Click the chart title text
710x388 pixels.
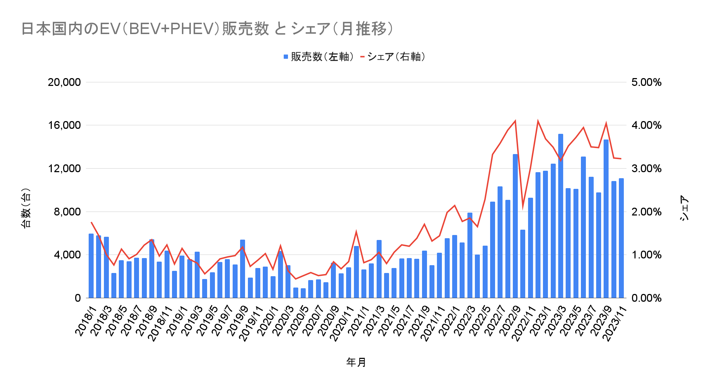(x=207, y=29)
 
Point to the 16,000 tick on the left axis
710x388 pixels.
(x=64, y=125)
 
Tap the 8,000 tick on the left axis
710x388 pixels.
(x=67, y=212)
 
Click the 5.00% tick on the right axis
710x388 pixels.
(x=646, y=82)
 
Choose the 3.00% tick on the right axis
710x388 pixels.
(x=646, y=169)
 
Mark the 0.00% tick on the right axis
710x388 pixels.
(x=646, y=298)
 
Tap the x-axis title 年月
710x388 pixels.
(x=356, y=362)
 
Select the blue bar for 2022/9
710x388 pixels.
(x=515, y=226)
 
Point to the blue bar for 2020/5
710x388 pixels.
(x=303, y=293)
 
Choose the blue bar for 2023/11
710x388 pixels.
(x=621, y=238)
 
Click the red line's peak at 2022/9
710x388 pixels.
(x=515, y=121)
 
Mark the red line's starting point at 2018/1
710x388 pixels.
(x=91, y=222)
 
